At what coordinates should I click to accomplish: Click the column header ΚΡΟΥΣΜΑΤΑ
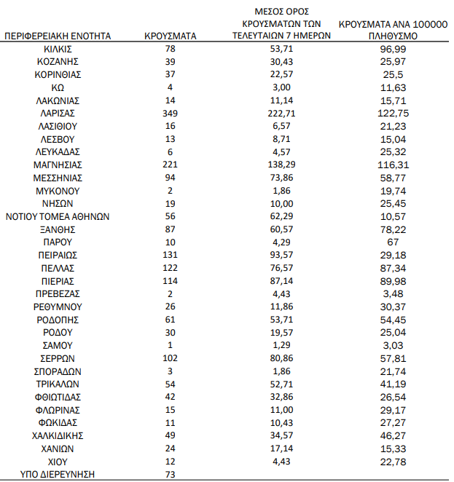point(171,35)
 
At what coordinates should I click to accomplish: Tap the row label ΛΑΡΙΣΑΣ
point(58,113)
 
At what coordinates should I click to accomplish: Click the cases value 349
point(171,113)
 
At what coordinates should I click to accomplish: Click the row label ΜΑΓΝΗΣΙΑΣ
point(58,165)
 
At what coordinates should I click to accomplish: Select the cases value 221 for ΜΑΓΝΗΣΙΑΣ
point(171,165)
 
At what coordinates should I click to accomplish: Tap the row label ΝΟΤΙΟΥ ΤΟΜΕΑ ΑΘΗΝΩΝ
point(58,216)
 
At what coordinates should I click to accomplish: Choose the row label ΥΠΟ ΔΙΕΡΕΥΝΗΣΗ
point(58,474)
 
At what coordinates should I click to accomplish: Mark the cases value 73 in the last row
point(171,474)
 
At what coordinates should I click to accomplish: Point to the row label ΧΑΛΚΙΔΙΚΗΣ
point(58,435)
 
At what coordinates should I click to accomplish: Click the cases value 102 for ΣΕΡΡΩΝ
point(171,358)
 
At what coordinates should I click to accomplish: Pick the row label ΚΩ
point(58,87)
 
